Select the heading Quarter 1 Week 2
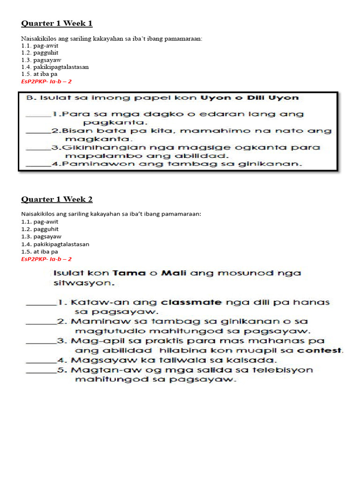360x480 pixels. pos(57,199)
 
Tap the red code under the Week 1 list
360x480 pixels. pos(46,81)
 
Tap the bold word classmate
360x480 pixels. pos(191,302)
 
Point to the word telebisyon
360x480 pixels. pos(286,370)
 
